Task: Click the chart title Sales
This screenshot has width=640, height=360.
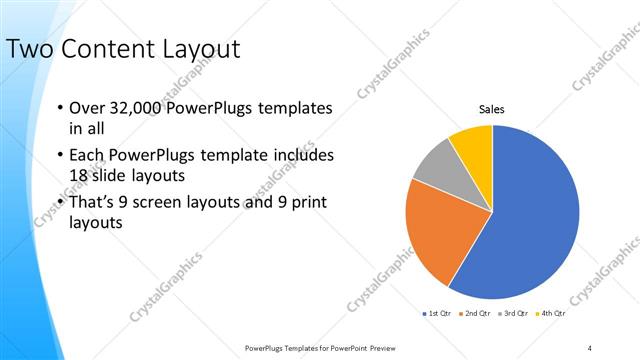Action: [492, 109]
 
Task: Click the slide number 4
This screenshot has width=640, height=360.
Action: [590, 347]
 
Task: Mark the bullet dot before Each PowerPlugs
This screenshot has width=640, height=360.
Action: [61, 156]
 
